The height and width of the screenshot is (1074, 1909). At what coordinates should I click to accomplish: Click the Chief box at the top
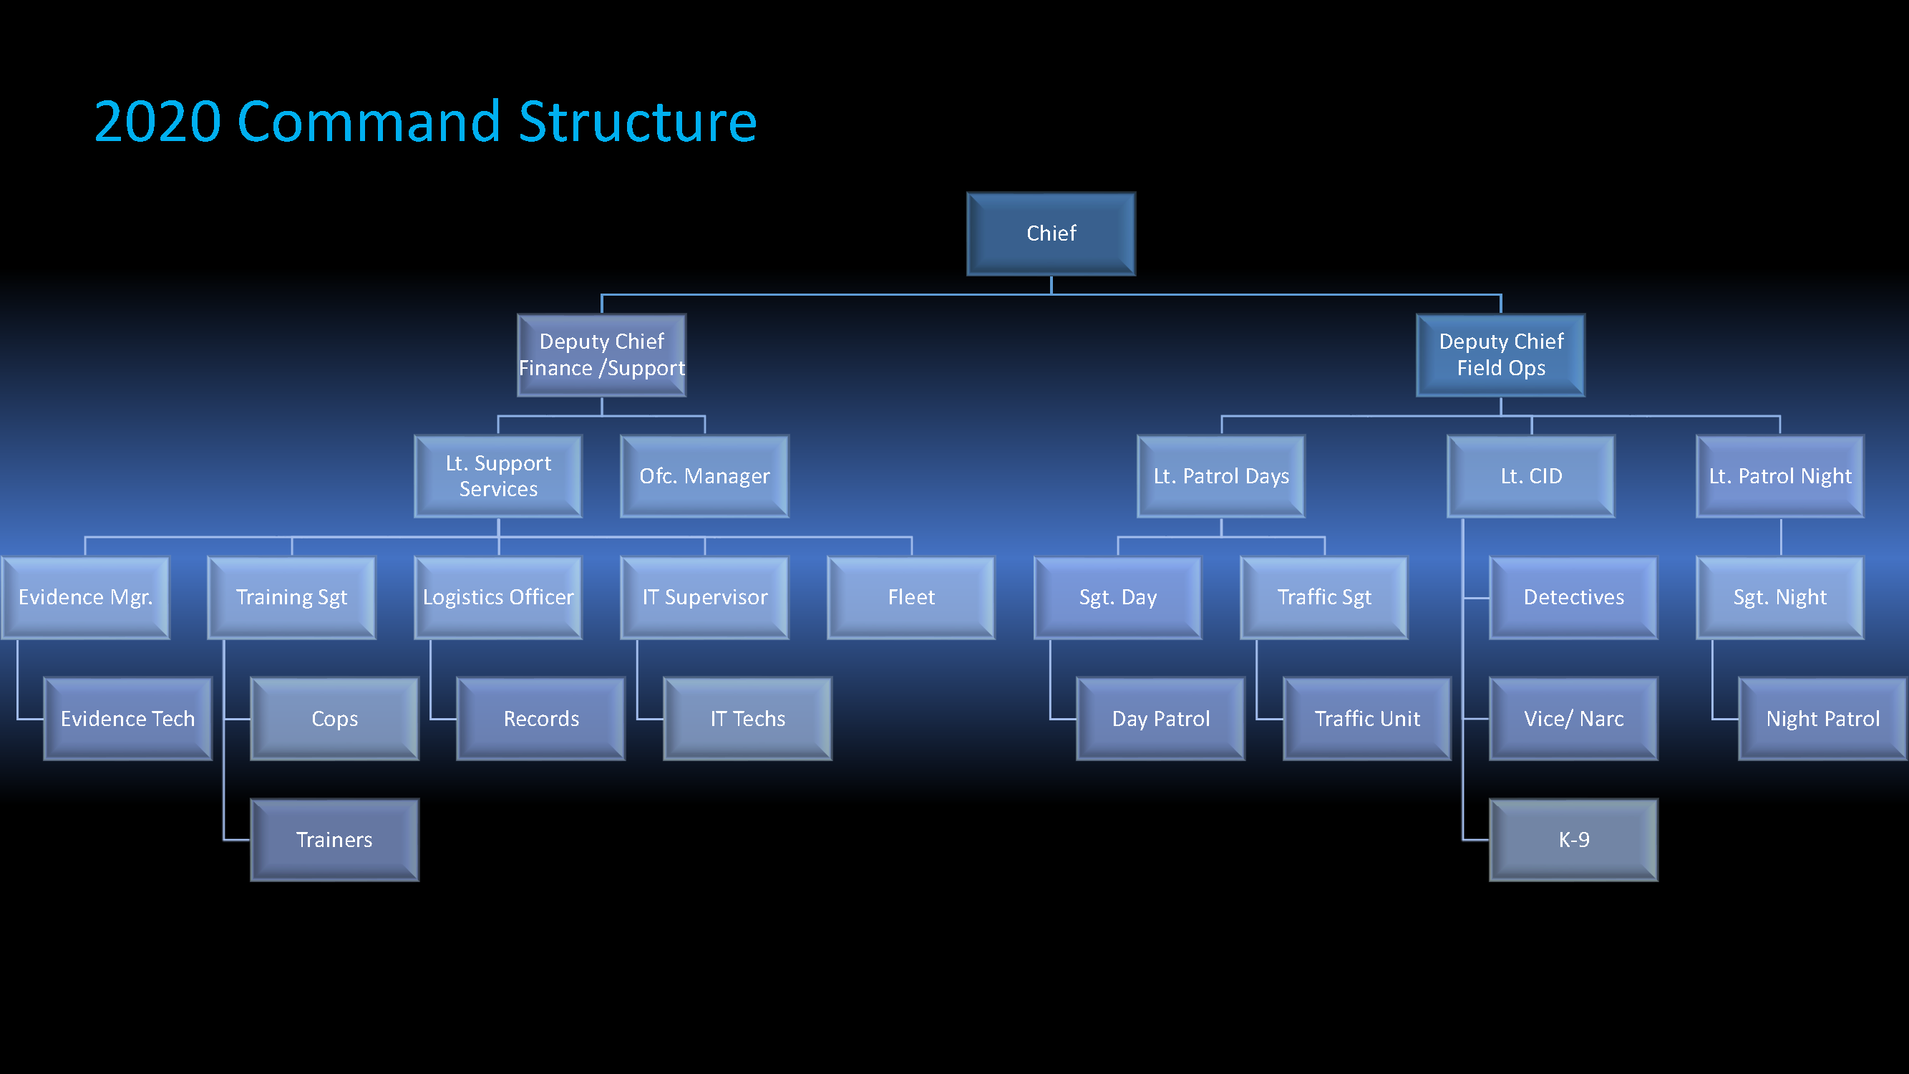1051,233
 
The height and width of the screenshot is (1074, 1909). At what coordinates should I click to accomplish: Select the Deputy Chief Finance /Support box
601,355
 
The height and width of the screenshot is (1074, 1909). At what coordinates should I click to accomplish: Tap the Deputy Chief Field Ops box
1501,355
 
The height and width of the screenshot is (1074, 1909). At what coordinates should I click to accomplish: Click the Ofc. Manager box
704,476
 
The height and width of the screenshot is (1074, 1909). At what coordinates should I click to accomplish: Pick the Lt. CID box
1531,476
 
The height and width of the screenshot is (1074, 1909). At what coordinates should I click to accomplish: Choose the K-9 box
1573,840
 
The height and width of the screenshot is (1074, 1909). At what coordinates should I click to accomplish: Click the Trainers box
334,840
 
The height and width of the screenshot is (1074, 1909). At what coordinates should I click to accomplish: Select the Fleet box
910,597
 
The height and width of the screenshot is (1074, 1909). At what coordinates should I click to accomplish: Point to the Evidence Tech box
127,718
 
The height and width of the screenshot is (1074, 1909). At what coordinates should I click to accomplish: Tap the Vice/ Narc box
1573,718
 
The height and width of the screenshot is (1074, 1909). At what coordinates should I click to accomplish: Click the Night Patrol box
1822,718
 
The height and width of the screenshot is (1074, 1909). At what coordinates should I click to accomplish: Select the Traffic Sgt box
1323,597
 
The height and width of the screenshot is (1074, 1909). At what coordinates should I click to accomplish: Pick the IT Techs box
747,718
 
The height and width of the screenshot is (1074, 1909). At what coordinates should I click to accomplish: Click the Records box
541,718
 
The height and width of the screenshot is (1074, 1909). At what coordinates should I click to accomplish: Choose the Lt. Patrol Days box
1220,476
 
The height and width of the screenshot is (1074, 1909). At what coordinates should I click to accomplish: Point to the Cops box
334,718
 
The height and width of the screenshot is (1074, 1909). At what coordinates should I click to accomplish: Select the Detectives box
1573,597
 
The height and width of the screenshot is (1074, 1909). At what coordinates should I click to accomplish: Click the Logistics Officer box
498,597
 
